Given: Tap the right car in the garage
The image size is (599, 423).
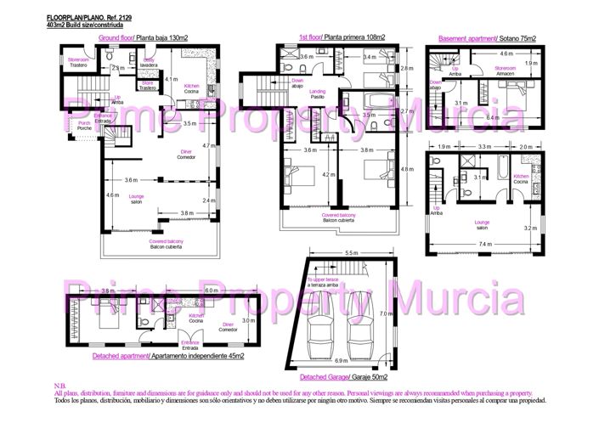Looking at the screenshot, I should pos(364,326).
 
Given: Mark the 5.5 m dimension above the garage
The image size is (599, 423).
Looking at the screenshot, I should pos(351,253).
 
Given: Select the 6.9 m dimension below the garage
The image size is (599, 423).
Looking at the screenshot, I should pos(351,360).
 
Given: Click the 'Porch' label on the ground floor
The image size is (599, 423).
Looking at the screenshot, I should pos(84,126).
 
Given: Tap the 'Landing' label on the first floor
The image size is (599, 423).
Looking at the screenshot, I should pos(318,93).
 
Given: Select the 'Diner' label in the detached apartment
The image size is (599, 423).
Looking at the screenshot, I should pos(228,325).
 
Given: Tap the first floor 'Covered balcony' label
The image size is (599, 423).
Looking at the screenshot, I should pos(338,217).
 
